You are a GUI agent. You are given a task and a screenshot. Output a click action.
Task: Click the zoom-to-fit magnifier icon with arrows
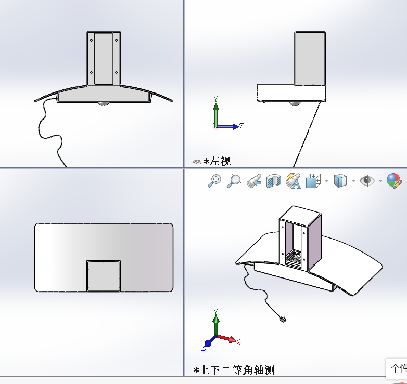[214, 180]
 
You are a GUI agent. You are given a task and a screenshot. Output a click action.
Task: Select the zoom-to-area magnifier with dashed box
[235, 180]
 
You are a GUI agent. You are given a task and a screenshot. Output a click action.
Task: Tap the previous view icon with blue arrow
[255, 180]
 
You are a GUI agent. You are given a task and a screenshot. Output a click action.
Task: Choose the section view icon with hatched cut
[274, 180]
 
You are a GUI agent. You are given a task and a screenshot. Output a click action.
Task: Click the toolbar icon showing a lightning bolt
[294, 180]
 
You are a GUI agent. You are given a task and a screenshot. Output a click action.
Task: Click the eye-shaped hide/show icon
[367, 180]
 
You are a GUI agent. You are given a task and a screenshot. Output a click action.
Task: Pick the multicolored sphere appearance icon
[394, 180]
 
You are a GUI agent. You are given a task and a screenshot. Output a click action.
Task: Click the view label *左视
[217, 162]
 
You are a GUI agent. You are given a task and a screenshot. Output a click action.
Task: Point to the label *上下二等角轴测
[234, 370]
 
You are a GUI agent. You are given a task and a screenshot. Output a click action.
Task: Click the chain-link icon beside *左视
[197, 162]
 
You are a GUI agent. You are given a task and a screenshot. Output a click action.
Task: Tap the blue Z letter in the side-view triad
[241, 126]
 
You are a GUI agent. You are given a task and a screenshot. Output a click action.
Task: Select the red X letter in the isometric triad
[238, 341]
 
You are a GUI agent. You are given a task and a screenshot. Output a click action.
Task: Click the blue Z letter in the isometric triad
[203, 347]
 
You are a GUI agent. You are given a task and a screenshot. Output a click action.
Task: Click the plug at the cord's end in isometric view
[283, 319]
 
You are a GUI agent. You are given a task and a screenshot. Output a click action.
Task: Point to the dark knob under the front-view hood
[104, 104]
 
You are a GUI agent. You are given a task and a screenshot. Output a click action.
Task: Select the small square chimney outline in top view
[104, 275]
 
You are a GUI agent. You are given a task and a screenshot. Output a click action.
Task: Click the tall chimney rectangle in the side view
[310, 58]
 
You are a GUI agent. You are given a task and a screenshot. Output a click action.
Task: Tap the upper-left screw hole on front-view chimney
[92, 40]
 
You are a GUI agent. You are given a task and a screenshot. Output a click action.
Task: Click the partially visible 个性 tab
[398, 368]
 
